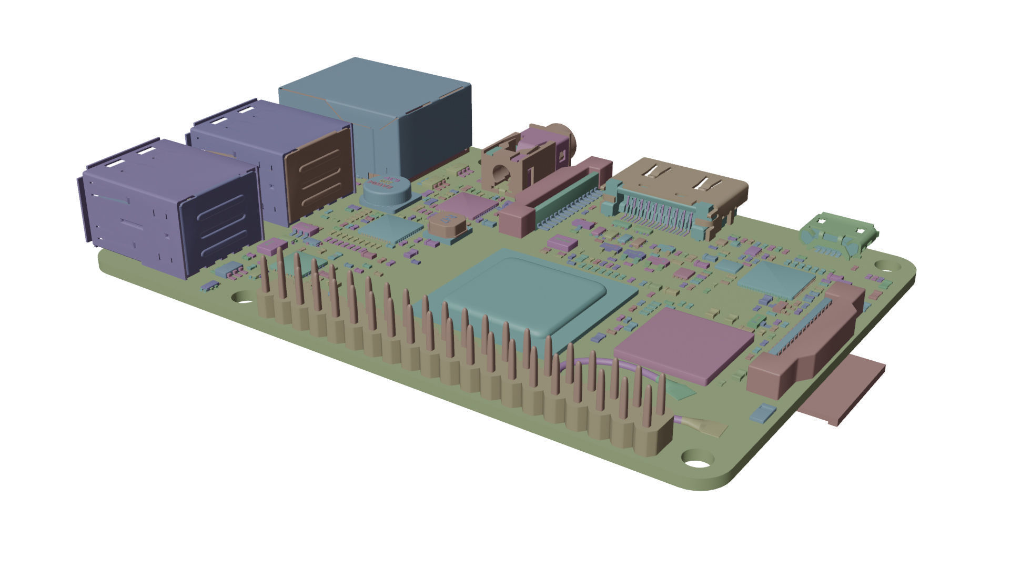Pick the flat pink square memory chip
(x=684, y=344)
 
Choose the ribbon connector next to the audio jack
(x=558, y=195)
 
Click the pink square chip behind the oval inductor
(x=468, y=205)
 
